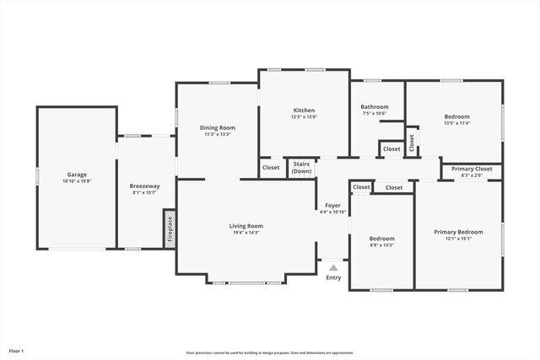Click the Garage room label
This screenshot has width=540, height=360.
tap(77, 175)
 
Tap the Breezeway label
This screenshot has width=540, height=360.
tap(145, 185)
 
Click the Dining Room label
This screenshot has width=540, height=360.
tap(217, 127)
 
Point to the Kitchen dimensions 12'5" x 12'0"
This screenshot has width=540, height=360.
tap(305, 117)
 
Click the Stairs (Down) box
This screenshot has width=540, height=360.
tap(301, 168)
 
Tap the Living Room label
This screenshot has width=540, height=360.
tap(246, 225)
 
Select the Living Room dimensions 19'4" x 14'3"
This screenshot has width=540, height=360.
tap(246, 232)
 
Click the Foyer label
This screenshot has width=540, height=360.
tap(333, 205)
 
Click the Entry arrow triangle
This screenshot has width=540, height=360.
tap(333, 267)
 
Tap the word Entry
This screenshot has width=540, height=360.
tap(333, 277)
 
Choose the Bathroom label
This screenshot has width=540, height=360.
tap(375, 107)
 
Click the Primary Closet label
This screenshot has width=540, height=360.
tap(472, 169)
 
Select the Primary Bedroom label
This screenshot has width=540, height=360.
tap(458, 232)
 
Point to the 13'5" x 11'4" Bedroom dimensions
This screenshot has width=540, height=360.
tap(457, 123)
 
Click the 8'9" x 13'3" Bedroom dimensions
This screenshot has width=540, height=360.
tap(381, 245)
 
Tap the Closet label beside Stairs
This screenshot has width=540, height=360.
tap(271, 167)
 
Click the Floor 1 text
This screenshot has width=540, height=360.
tap(17, 350)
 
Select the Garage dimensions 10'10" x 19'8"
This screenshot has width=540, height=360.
tap(77, 181)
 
